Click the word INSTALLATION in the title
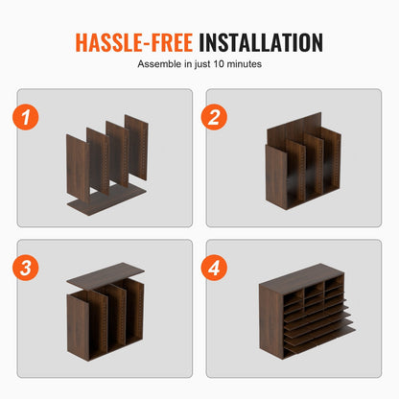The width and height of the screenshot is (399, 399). pyautogui.click(x=259, y=42)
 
